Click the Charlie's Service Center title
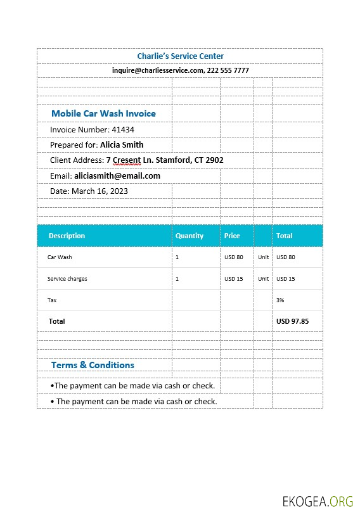[180, 56]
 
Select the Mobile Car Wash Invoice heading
[103, 113]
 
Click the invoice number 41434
[123, 129]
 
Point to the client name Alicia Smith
[122, 144]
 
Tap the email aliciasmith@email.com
[117, 176]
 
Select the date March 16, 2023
[100, 191]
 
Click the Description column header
[67, 236]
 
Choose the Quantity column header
[189, 236]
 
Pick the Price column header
[232, 236]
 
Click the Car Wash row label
[60, 257]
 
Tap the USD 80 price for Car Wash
[233, 257]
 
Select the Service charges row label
[67, 279]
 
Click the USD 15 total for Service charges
[286, 279]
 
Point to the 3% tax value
[280, 300]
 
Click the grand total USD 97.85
[292, 321]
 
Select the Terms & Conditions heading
[93, 365]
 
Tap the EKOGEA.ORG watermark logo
[318, 502]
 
